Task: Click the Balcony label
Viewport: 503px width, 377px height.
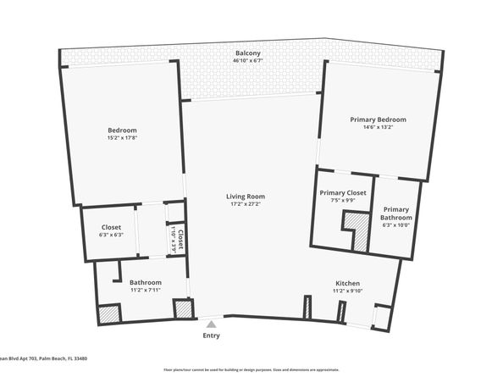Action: [x=248, y=53]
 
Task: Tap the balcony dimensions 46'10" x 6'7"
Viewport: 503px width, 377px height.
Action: [x=248, y=61]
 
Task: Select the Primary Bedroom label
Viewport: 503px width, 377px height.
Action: [x=378, y=119]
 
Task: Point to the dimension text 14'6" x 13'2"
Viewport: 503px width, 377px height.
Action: [x=378, y=128]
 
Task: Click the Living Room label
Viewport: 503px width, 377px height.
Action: [x=246, y=196]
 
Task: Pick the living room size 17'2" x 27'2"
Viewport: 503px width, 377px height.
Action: [x=246, y=204]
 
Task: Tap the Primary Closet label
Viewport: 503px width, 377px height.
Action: [x=343, y=193]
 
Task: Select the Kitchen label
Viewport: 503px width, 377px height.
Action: [x=347, y=283]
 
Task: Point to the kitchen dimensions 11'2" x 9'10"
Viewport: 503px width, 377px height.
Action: [x=347, y=291]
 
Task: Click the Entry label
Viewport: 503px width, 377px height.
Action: [x=211, y=335]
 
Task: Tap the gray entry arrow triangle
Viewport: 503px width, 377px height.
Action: [x=211, y=323]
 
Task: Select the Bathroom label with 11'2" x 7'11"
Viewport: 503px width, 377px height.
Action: [x=145, y=282]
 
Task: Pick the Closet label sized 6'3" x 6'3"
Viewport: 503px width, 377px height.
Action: [x=112, y=227]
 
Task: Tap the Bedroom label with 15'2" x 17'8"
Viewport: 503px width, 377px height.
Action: [x=122, y=130]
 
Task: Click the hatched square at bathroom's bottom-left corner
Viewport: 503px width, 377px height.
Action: [x=108, y=313]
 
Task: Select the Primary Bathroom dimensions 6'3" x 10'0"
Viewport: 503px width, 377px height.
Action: [x=395, y=225]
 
